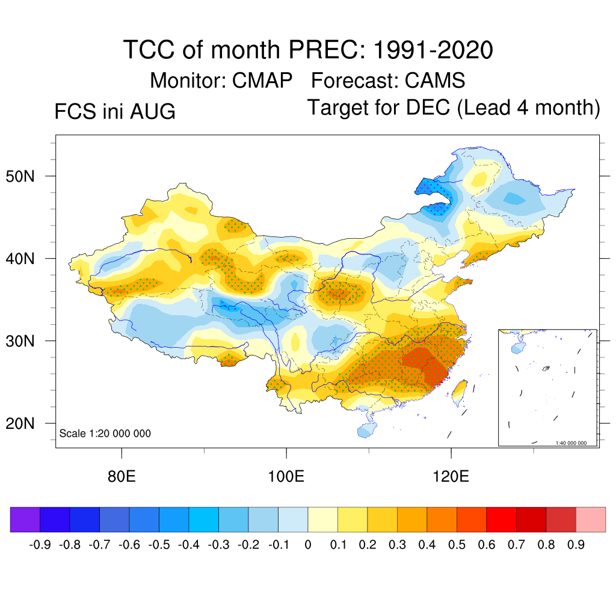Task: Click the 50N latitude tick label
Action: click(x=20, y=176)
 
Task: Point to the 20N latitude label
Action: click(x=20, y=423)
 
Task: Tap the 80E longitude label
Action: click(x=122, y=476)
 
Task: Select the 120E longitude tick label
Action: click(x=451, y=476)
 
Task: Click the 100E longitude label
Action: click(x=286, y=476)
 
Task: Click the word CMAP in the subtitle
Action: click(x=262, y=81)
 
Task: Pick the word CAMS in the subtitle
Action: click(x=435, y=81)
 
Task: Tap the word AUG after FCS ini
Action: click(x=153, y=111)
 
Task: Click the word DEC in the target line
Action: click(x=428, y=107)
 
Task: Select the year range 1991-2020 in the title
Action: click(x=433, y=50)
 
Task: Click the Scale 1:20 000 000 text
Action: click(x=105, y=433)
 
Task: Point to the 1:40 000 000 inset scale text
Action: click(x=571, y=443)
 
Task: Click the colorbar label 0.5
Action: click(x=457, y=545)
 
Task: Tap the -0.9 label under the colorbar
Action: click(x=40, y=545)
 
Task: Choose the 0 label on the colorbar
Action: click(x=308, y=545)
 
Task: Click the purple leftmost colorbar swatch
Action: click(x=25, y=519)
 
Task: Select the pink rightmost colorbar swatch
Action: click(x=591, y=519)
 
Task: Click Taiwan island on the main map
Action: click(x=459, y=392)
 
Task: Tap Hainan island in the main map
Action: click(x=366, y=430)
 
